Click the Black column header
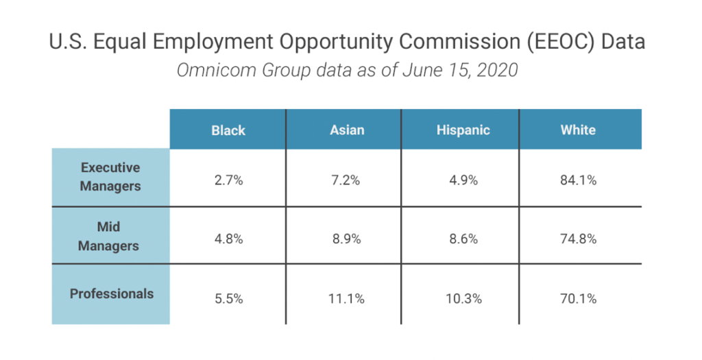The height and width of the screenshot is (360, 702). (x=228, y=130)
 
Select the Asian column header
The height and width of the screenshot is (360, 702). (x=347, y=130)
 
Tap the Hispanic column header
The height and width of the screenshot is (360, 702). (x=463, y=130)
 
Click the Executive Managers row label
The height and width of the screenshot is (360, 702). (x=110, y=177)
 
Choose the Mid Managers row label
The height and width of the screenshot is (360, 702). (x=110, y=236)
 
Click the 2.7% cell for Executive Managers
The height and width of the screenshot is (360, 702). (x=228, y=181)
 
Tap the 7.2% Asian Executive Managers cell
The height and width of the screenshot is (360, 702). (x=347, y=181)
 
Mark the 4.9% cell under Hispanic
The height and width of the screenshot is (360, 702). (x=463, y=181)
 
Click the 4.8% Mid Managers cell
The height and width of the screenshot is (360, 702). (x=228, y=239)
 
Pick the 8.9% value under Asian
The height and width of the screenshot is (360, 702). (x=347, y=239)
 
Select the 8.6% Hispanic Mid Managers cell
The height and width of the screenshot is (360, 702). (x=463, y=239)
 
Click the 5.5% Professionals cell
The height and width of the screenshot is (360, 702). (x=228, y=299)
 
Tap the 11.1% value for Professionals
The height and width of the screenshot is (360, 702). (x=347, y=299)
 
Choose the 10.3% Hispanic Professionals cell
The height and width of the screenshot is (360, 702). (x=463, y=299)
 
